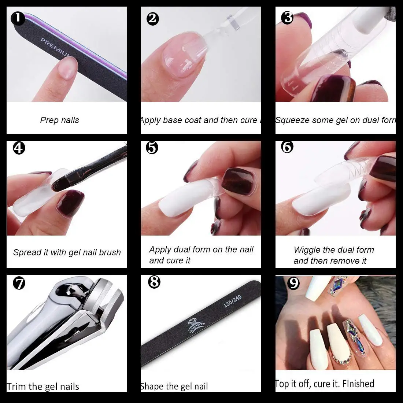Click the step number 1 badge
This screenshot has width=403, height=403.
pyautogui.click(x=18, y=18)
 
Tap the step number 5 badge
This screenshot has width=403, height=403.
pyautogui.click(x=152, y=148)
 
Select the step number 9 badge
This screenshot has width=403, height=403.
pyautogui.click(x=293, y=283)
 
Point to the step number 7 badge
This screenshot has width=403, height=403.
pyautogui.click(x=19, y=283)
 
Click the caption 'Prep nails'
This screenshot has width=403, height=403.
pyautogui.click(x=59, y=120)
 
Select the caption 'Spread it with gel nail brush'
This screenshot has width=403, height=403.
pyautogui.click(x=67, y=252)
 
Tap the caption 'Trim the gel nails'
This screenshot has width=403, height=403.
pyautogui.click(x=43, y=387)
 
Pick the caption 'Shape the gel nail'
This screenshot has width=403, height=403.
pyautogui.click(x=174, y=387)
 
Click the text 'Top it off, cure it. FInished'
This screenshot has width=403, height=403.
pyautogui.click(x=325, y=384)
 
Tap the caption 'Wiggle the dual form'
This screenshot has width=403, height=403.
pyautogui.click(x=334, y=250)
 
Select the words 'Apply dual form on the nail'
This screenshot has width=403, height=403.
pyautogui.click(x=201, y=250)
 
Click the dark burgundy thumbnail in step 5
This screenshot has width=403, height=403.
pyautogui.click(x=236, y=181)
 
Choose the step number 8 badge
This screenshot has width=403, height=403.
pyautogui.click(x=154, y=282)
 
